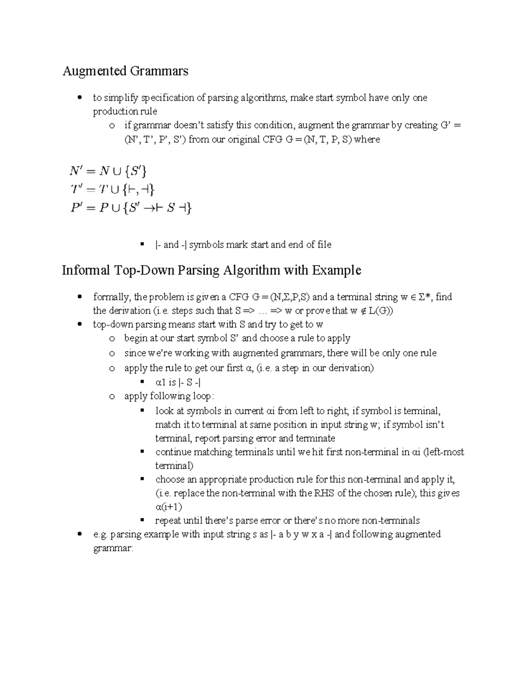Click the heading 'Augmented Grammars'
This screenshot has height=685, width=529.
(125, 71)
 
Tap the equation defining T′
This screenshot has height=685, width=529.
(112, 189)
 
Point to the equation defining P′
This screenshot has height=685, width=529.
(131, 208)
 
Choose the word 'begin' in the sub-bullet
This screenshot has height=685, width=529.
(135, 338)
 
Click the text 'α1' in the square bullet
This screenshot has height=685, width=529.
(160, 382)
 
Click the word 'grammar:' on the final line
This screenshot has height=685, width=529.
(112, 548)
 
